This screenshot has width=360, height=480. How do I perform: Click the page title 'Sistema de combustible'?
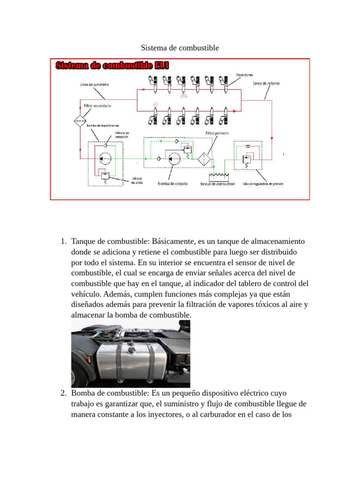click(180, 48)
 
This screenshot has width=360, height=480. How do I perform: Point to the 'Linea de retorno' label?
click(266, 83)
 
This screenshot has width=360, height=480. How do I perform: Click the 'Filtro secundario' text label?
click(97, 106)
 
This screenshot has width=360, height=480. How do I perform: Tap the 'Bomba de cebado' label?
click(172, 184)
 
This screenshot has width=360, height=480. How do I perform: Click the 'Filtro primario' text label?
click(217, 133)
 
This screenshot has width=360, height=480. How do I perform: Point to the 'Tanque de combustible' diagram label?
click(217, 184)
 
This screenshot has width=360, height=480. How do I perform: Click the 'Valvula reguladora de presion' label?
click(263, 184)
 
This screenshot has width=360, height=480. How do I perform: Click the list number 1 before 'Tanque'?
click(63, 242)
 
